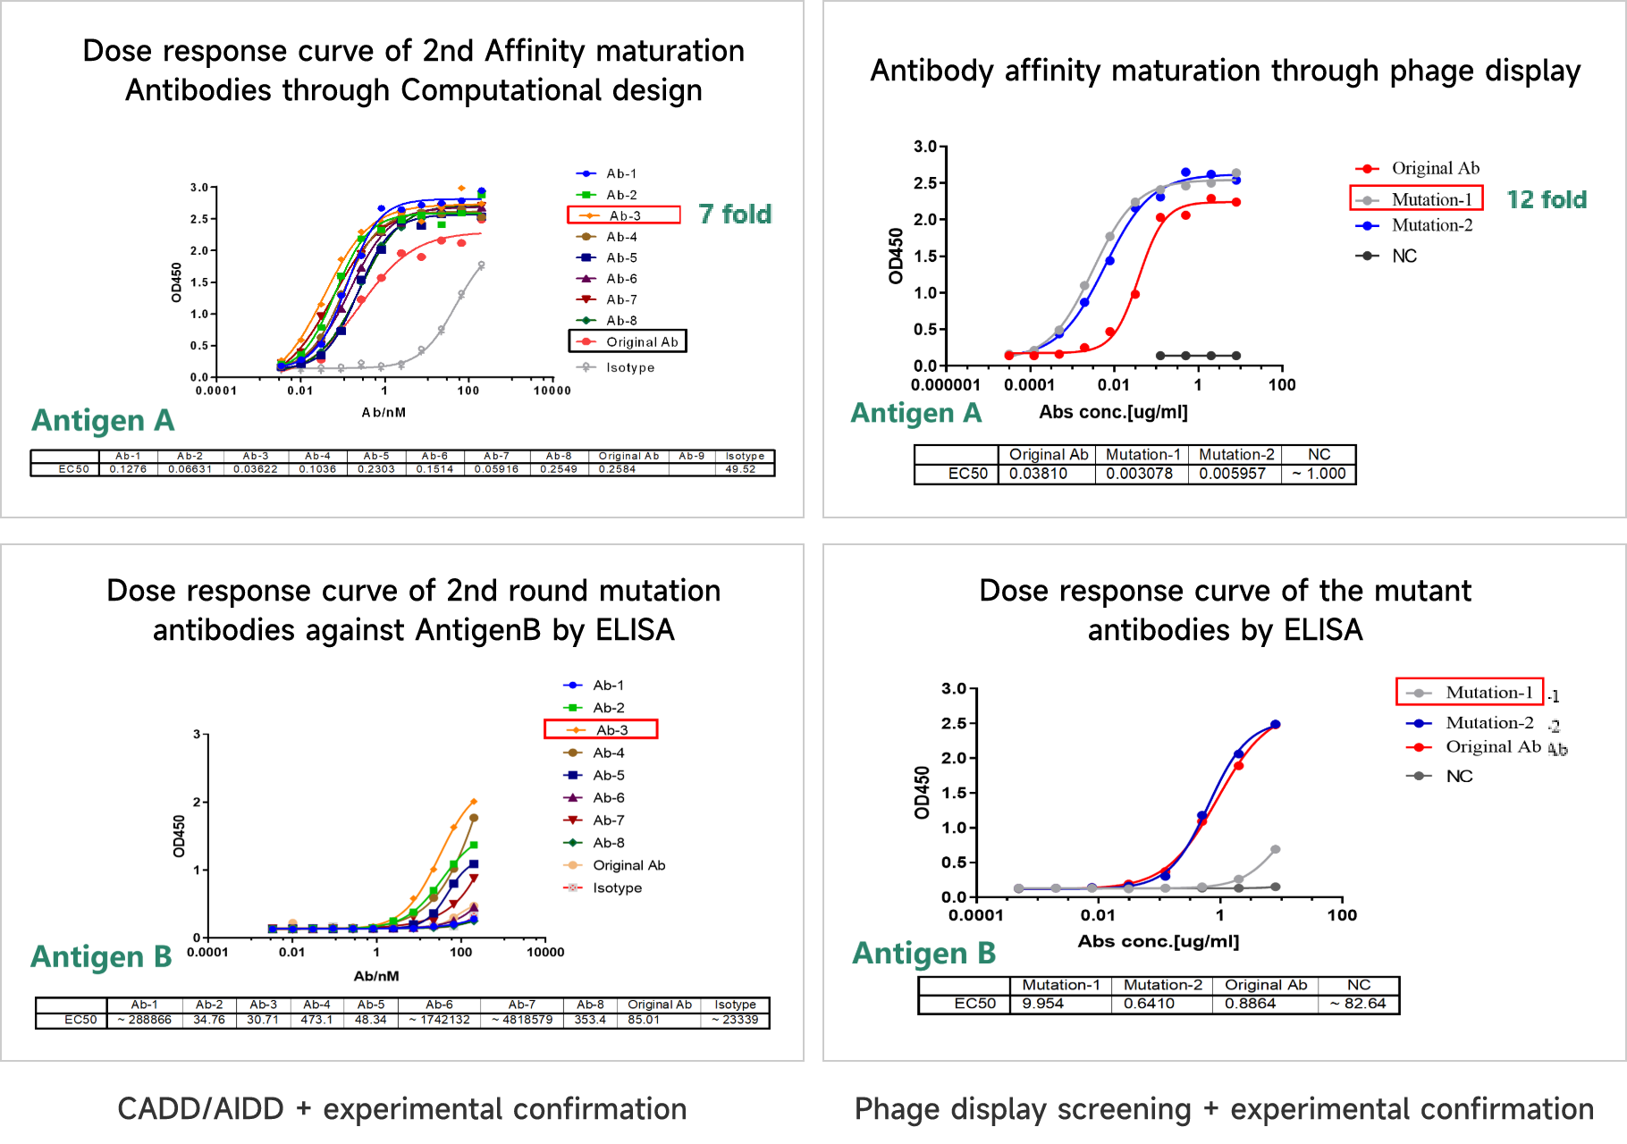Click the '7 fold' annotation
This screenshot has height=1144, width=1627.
pyautogui.click(x=735, y=214)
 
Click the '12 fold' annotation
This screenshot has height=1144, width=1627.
pyautogui.click(x=1547, y=199)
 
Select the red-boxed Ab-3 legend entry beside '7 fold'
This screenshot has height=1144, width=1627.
pyautogui.click(x=624, y=215)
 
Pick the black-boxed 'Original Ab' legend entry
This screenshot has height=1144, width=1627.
pyautogui.click(x=628, y=341)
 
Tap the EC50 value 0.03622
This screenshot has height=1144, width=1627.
pyautogui.click(x=256, y=469)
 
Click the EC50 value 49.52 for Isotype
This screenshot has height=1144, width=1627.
pyautogui.click(x=740, y=469)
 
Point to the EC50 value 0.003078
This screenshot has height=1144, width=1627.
pyautogui.click(x=1140, y=474)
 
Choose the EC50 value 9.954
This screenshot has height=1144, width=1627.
pyautogui.click(x=1043, y=1004)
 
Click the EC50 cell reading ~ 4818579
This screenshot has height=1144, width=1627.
pyautogui.click(x=522, y=1020)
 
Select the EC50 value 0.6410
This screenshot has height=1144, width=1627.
pyautogui.click(x=1149, y=1004)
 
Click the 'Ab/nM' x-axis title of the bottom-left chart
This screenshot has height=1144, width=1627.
pyautogui.click(x=376, y=976)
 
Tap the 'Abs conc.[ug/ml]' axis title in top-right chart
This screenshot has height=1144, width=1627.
pyautogui.click(x=1113, y=412)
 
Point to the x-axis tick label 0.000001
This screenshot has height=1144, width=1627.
pyautogui.click(x=945, y=385)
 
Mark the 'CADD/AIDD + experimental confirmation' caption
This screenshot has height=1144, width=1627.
pyautogui.click(x=402, y=1109)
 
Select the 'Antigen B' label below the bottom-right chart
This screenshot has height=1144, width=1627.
pyautogui.click(x=924, y=954)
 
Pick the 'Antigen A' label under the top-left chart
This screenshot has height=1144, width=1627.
pyautogui.click(x=103, y=420)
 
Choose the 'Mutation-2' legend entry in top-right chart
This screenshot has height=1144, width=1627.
pyautogui.click(x=1431, y=225)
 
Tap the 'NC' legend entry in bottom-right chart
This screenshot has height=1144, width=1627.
pyautogui.click(x=1459, y=776)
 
